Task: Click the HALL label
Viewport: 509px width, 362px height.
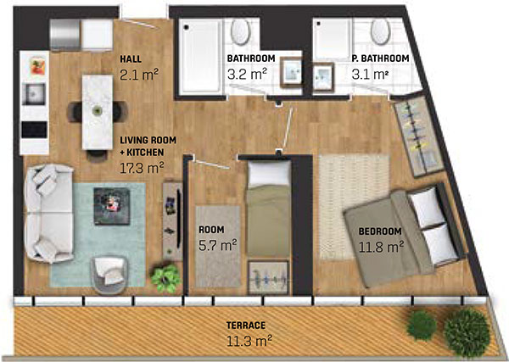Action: (x=130, y=59)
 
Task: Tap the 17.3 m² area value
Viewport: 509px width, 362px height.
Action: (x=141, y=169)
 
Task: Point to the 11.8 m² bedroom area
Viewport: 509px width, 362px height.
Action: (x=379, y=247)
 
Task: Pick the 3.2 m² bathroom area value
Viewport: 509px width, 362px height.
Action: (x=247, y=74)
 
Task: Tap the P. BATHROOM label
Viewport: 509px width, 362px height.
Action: (x=381, y=58)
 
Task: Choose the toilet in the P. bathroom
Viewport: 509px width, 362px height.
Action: (x=380, y=34)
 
